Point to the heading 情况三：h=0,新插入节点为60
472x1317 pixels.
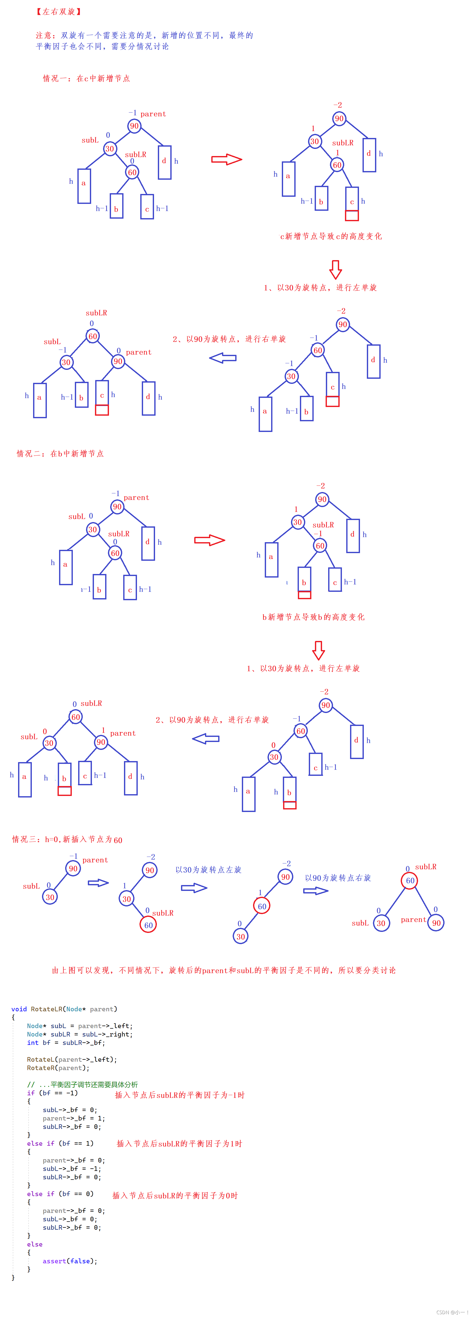[67, 839]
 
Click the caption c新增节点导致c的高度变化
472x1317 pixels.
[331, 236]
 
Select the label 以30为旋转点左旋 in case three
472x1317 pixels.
[208, 870]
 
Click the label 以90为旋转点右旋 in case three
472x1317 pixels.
[338, 878]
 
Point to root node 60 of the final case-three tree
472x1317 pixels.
[410, 880]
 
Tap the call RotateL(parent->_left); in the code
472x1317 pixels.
[72, 1059]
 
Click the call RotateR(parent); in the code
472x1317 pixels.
[58, 1068]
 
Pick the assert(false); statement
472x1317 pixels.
[70, 1261]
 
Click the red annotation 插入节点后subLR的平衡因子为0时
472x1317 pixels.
[175, 1195]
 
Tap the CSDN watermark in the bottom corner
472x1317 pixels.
[452, 1312]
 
